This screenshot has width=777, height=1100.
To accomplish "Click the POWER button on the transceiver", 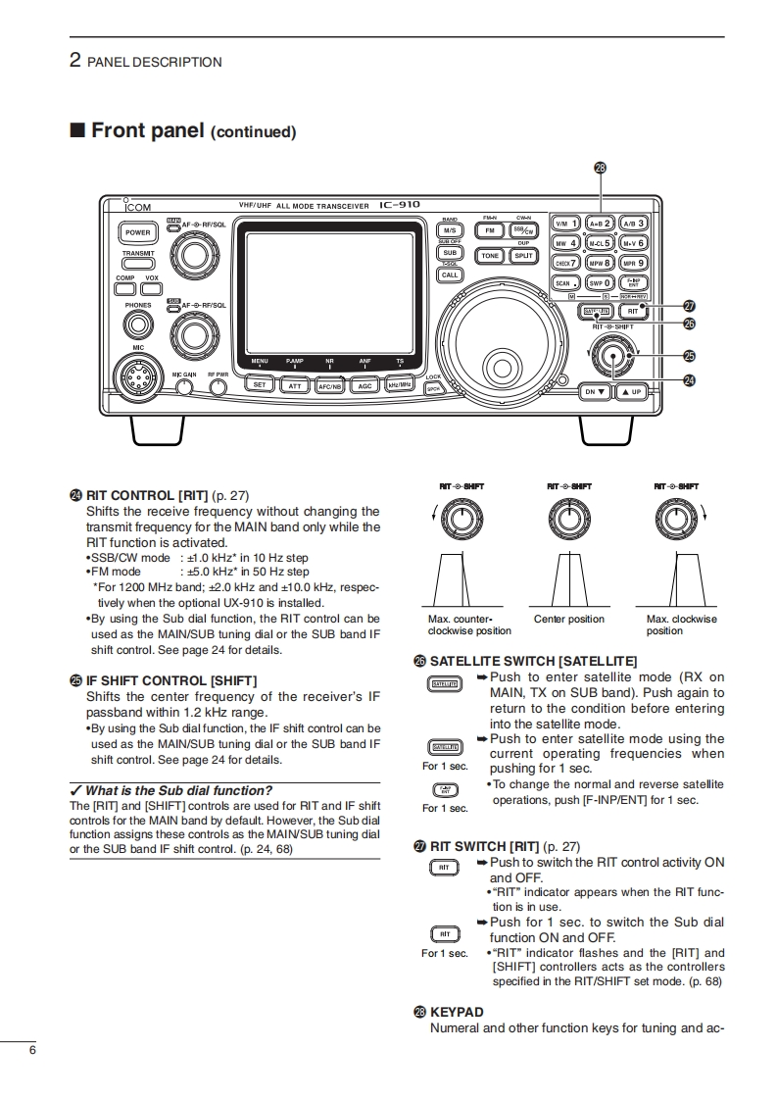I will (x=137, y=233).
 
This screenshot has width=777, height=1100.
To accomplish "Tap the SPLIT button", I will (x=524, y=255).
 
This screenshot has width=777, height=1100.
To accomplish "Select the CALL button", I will (x=450, y=275).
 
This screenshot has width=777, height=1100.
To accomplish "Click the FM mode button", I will (x=490, y=230).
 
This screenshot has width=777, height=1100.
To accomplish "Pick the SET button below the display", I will (x=260, y=385).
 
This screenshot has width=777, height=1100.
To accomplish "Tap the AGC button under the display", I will (x=364, y=385).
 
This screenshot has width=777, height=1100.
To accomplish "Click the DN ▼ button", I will (x=597, y=391).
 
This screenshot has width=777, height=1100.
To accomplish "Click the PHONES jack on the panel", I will (x=139, y=321).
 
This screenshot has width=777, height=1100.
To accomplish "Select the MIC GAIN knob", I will (x=184, y=386).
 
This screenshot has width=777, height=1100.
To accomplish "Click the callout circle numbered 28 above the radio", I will (x=601, y=167).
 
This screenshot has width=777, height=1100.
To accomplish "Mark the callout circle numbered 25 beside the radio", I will (x=690, y=355).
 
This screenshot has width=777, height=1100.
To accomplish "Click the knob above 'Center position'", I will (x=569, y=516).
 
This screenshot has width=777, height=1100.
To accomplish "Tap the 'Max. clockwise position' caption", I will (x=682, y=625).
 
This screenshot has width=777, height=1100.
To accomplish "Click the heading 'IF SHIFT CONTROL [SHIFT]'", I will (x=171, y=679).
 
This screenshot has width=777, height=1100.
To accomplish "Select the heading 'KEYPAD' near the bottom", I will (x=457, y=1012).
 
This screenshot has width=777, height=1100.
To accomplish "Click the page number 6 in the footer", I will (x=32, y=1052).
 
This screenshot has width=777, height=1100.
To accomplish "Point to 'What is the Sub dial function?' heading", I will (x=178, y=790).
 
